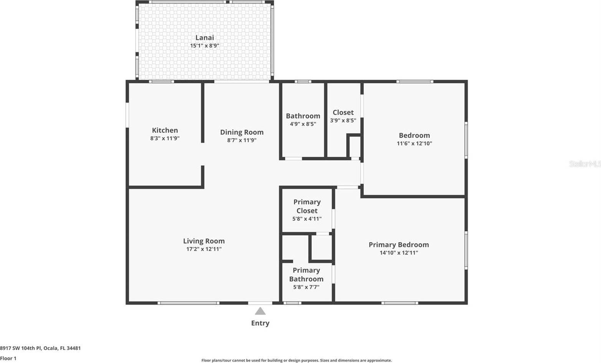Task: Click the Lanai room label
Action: (205, 38)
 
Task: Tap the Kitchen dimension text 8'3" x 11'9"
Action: (165, 139)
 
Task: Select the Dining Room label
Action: (242, 132)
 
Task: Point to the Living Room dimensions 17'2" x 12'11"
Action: (204, 249)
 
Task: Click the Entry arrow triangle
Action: (260, 311)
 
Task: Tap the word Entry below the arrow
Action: (260, 323)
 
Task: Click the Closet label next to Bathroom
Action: (343, 112)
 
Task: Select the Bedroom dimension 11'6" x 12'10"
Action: (414, 144)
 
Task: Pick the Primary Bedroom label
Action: (399, 245)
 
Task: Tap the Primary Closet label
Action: (307, 206)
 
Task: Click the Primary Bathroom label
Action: (306, 275)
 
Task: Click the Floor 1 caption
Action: (8, 358)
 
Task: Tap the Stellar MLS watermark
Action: (584, 164)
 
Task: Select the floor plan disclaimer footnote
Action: (297, 360)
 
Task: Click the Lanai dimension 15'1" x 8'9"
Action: (205, 46)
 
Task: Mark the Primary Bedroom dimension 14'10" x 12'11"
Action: (399, 253)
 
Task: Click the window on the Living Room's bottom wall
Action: (188, 303)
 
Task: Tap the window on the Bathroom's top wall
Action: (303, 81)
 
